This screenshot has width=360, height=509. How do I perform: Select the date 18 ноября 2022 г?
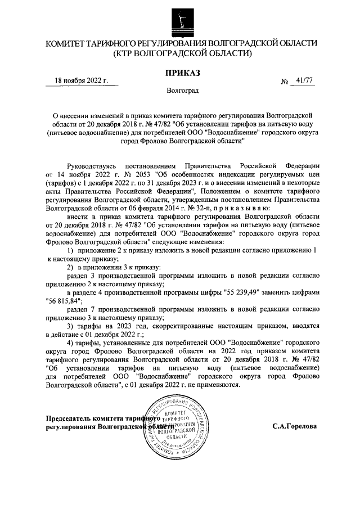pyautogui.click(x=81, y=81)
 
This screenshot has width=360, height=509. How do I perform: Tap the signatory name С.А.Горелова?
pyautogui.click(x=294, y=426)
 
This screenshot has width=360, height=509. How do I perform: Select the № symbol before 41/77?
pyautogui.click(x=285, y=83)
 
